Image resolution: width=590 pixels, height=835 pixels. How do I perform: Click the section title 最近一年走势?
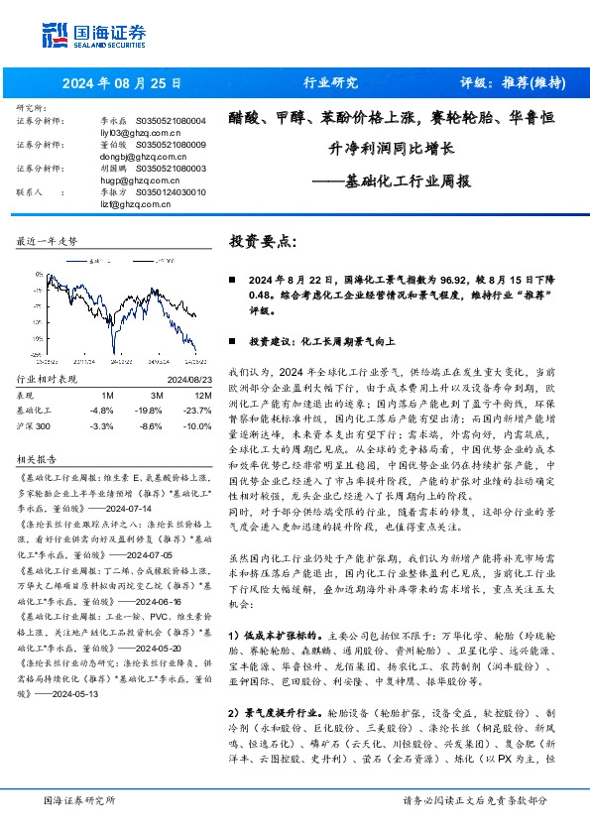[x=48, y=241]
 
